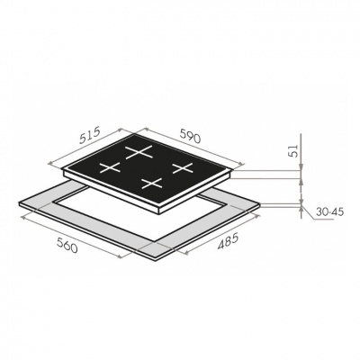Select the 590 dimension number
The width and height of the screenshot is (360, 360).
(x=190, y=136)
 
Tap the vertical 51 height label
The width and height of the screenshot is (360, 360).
(x=294, y=150)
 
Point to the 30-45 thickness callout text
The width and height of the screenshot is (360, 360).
(x=329, y=212)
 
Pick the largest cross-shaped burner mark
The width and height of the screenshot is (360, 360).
(x=139, y=151)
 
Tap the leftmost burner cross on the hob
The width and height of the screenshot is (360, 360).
(x=110, y=167)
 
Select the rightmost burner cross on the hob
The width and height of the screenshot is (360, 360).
(x=183, y=167)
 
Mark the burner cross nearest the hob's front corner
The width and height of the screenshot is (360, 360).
(x=152, y=183)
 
